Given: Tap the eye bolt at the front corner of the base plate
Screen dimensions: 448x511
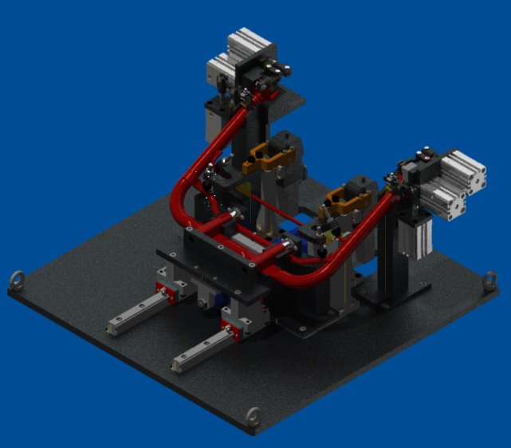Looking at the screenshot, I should click(253, 415).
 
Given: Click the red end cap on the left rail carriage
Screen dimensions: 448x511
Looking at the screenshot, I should click(166, 293).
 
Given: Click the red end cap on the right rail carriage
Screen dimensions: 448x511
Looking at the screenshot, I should click(230, 325).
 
